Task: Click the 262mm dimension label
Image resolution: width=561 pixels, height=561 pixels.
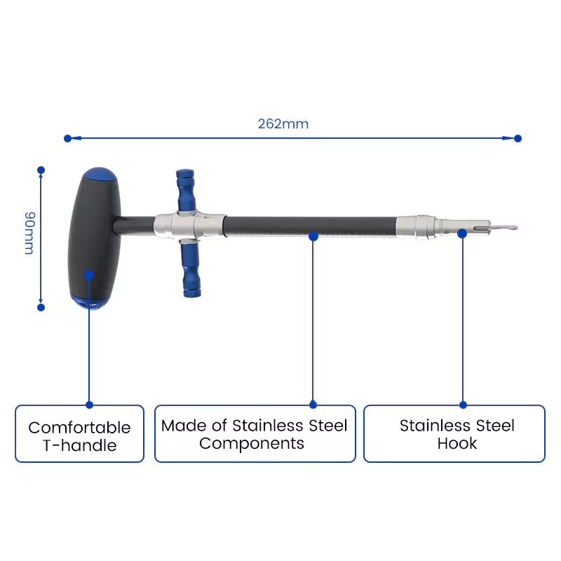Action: tap(283, 124)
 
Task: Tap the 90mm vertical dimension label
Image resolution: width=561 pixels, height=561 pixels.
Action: tap(29, 234)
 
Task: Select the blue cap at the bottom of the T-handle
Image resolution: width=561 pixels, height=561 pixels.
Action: tap(90, 302)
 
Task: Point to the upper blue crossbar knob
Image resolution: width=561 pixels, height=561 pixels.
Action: tap(186, 190)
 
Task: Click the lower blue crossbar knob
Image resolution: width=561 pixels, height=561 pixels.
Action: tap(191, 270)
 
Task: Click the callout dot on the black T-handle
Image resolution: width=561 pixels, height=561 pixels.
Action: tap(89, 275)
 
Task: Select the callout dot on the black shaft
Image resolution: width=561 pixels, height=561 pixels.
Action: tap(313, 236)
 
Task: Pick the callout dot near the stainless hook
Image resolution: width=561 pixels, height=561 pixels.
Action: tap(462, 234)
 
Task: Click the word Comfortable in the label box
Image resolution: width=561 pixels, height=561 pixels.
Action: tap(79, 428)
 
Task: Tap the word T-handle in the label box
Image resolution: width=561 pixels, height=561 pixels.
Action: tap(79, 445)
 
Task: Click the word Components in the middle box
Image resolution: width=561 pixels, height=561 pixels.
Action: tap(252, 444)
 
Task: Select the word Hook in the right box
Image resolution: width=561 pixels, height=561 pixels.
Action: tap(457, 444)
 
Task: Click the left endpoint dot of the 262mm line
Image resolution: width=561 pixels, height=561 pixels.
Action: tap(67, 138)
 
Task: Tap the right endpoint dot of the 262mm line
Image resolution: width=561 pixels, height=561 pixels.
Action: tap(518, 138)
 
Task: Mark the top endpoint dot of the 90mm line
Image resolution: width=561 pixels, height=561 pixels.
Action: tap(41, 170)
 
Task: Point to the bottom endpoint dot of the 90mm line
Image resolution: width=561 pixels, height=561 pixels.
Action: tap(41, 307)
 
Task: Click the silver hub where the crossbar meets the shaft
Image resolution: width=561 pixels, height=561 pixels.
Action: tap(189, 227)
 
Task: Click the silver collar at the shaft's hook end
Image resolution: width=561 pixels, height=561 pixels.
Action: tap(416, 227)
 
